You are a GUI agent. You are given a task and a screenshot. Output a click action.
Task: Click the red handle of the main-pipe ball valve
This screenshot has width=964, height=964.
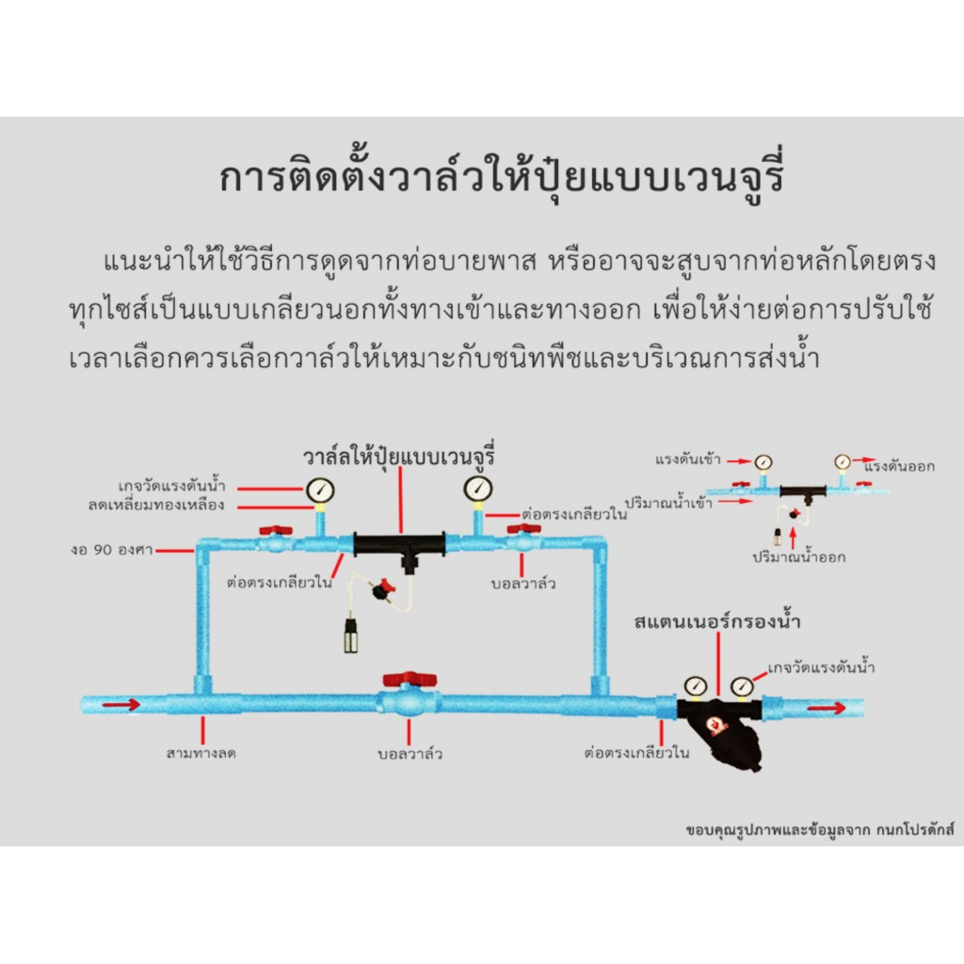(x=410, y=679)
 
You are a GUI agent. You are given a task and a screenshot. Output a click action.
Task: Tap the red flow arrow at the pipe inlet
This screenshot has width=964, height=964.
(x=121, y=704)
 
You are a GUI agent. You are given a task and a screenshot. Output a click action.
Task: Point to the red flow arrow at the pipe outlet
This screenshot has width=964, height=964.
(x=827, y=708)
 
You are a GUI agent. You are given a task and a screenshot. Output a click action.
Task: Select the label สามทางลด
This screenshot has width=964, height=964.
(x=201, y=752)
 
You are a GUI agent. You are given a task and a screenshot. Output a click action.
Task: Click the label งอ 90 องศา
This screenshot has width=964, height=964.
(x=112, y=550)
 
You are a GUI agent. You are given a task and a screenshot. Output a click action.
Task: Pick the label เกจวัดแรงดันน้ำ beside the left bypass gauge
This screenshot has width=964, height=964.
(x=172, y=486)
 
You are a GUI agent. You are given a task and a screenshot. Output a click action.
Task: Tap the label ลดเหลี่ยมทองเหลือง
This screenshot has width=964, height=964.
(x=156, y=505)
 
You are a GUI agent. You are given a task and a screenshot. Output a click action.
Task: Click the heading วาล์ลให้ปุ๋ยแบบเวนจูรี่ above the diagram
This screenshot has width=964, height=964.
(x=399, y=457)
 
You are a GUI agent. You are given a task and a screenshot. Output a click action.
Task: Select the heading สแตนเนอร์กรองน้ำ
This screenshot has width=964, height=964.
(x=716, y=621)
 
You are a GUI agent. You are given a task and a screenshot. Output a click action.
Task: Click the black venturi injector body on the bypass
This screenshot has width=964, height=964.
(x=399, y=546)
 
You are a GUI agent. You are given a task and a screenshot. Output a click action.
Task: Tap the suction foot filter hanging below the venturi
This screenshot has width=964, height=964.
(x=351, y=635)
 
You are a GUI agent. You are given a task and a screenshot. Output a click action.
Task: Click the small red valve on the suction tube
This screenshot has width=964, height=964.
(x=384, y=589)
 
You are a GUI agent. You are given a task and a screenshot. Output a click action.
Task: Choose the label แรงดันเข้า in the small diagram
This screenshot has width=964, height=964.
(x=688, y=459)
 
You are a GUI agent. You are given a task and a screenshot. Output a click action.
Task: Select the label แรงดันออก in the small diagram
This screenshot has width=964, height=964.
(x=899, y=467)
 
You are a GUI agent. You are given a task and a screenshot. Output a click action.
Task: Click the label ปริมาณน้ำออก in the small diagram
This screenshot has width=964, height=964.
(x=799, y=557)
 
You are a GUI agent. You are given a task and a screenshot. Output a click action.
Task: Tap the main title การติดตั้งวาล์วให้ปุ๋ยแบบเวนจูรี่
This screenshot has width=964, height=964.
(x=502, y=178)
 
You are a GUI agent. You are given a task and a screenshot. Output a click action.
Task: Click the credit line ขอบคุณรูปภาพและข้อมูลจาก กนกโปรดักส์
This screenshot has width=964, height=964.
(x=820, y=830)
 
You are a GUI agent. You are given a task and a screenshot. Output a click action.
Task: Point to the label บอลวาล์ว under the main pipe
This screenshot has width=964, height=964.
(x=410, y=754)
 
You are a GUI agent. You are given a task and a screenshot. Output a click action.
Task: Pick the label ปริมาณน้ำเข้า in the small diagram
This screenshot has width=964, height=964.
(x=669, y=503)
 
